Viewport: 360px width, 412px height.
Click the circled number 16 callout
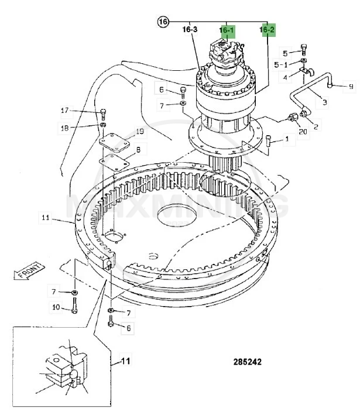[163, 22]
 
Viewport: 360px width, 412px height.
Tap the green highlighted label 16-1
[227, 30]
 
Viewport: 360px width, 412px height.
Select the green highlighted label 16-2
[267, 30]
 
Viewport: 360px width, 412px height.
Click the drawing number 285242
[246, 362]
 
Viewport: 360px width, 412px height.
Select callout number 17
[64, 110]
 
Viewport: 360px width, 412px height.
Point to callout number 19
[140, 131]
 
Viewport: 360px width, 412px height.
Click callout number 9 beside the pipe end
[351, 87]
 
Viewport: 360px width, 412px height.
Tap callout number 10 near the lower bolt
[56, 307]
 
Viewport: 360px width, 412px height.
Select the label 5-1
[282, 65]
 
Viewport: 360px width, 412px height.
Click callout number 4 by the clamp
[286, 77]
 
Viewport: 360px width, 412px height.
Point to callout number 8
[138, 150]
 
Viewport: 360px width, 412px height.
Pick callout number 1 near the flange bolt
[287, 139]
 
